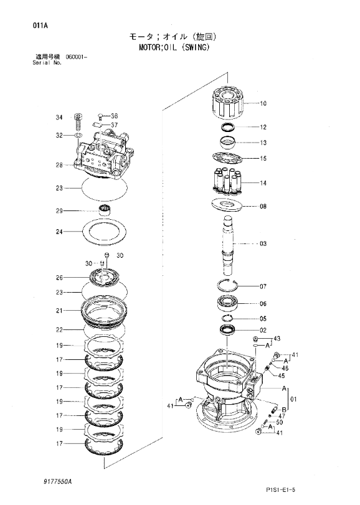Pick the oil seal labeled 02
pos(227,329)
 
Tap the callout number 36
pos(114,116)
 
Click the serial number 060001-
pos(77,57)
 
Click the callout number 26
pos(77,278)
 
